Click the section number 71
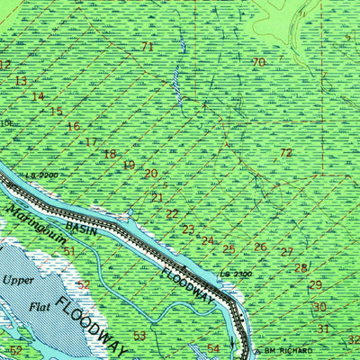(148, 47)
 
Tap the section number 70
(258, 62)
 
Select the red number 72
(285, 153)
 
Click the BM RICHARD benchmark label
(286, 349)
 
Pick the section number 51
(69, 251)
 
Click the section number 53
(139, 336)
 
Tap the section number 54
(213, 348)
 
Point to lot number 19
(130, 165)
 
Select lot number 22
(172, 214)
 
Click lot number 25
(229, 249)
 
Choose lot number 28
(301, 267)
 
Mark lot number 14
(38, 96)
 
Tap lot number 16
(73, 127)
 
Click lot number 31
(322, 328)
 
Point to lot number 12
(5, 65)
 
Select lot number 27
(286, 252)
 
